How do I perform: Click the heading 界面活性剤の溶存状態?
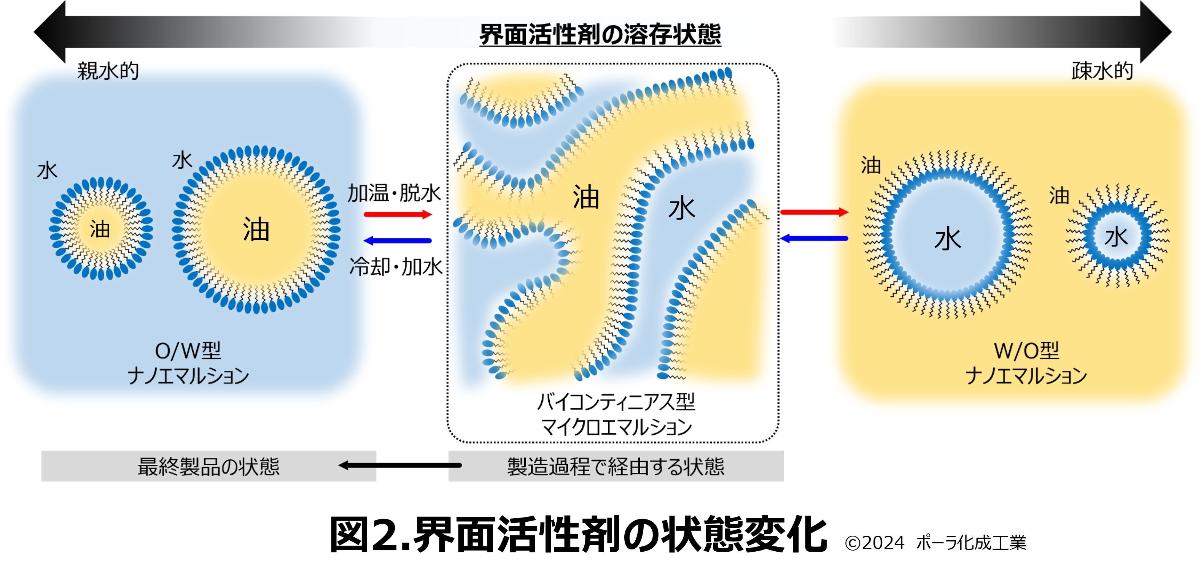(x=600, y=35)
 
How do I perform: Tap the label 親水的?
(x=108, y=71)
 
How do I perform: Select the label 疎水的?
(x=1102, y=71)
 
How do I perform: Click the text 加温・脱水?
(x=394, y=193)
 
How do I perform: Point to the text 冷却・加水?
(x=396, y=267)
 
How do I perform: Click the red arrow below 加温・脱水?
(x=398, y=215)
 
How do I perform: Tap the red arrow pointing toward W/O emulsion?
(x=814, y=212)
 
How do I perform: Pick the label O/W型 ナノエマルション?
(x=188, y=363)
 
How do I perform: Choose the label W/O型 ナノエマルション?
(x=1026, y=363)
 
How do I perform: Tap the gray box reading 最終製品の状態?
(x=208, y=466)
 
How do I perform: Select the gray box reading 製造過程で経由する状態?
(x=616, y=466)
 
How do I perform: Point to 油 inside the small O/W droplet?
(x=100, y=229)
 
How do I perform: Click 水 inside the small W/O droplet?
(x=1116, y=237)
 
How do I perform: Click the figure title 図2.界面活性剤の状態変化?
(x=578, y=535)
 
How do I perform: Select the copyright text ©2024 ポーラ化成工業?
(x=935, y=543)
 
